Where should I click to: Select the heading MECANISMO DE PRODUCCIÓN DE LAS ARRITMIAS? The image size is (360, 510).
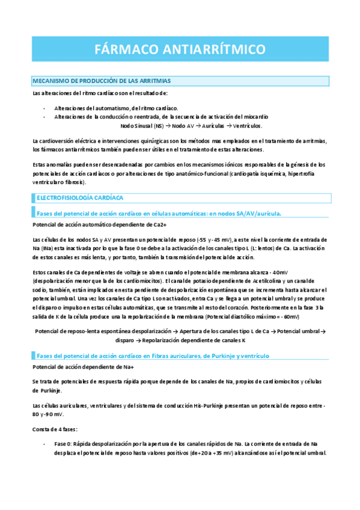101,80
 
